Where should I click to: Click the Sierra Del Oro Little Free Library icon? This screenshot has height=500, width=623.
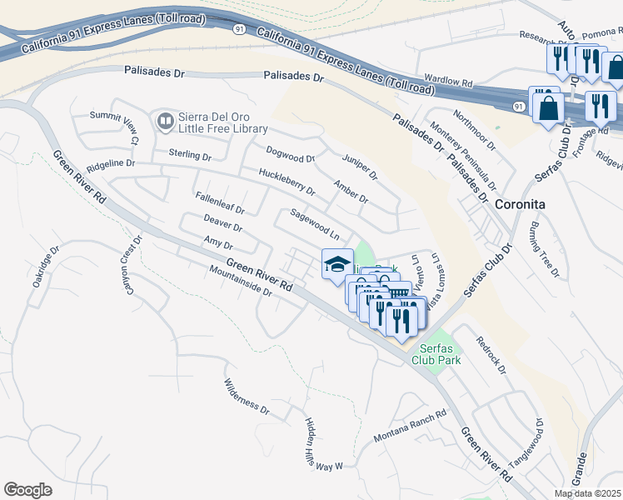tap(165, 122)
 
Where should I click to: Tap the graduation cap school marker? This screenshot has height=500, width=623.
tap(337, 265)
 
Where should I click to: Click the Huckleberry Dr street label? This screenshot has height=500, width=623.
tap(287, 182)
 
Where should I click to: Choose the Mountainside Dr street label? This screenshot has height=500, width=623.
tap(242, 282)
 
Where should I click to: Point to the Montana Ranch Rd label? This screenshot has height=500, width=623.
tap(410, 426)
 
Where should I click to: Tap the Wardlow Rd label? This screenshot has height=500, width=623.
tap(448, 84)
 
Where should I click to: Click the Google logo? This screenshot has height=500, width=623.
tap(28, 490)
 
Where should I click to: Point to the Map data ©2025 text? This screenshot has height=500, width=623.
tap(586, 493)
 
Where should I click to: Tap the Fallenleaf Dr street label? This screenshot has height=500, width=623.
tap(220, 204)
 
